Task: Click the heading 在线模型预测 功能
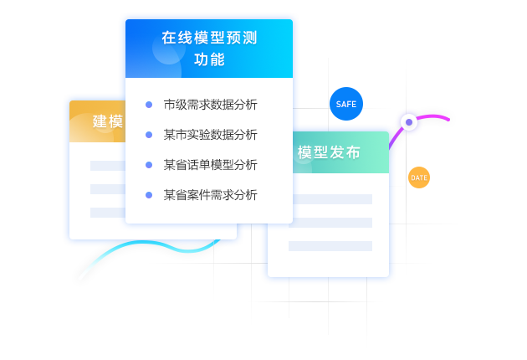pyautogui.click(x=208, y=49)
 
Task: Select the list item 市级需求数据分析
pyautogui.click(x=210, y=105)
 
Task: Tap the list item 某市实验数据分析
pyautogui.click(x=210, y=134)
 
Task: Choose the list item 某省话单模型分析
pyautogui.click(x=210, y=164)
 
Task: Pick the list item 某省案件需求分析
pyautogui.click(x=210, y=194)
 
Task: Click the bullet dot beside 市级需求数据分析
pyautogui.click(x=149, y=105)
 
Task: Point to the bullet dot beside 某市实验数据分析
pyautogui.click(x=149, y=134)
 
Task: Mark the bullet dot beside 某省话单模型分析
pyautogui.click(x=149, y=164)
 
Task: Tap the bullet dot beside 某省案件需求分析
pyautogui.click(x=149, y=194)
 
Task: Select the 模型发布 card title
pyautogui.click(x=329, y=152)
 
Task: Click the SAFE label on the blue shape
pyautogui.click(x=345, y=104)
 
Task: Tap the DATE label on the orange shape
pyautogui.click(x=418, y=177)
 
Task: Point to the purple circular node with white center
pyautogui.click(x=408, y=123)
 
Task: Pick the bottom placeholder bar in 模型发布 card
pyautogui.click(x=330, y=246)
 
